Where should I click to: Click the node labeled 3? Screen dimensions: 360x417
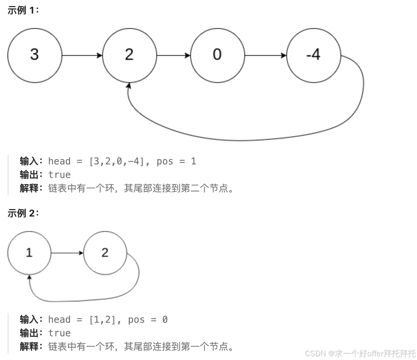35,55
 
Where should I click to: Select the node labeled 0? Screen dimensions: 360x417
217,55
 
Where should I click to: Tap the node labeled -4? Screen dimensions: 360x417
313,55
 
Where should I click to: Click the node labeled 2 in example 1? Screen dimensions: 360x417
129,55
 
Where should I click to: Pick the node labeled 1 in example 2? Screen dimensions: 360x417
29,253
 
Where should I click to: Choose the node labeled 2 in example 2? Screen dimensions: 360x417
105,253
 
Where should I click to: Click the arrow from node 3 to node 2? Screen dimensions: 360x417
82,55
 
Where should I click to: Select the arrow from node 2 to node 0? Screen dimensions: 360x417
174,55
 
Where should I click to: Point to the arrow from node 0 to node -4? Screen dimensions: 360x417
265,55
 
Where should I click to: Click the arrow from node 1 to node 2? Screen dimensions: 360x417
67,253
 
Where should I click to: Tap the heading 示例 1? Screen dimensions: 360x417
23,10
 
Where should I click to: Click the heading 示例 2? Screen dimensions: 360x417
23,213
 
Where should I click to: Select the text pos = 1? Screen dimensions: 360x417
176,161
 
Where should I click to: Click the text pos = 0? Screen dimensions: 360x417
148,319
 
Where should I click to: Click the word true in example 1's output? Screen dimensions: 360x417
60,175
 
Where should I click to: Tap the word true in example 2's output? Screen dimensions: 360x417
60,333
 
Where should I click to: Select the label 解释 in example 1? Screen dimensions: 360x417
29,188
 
